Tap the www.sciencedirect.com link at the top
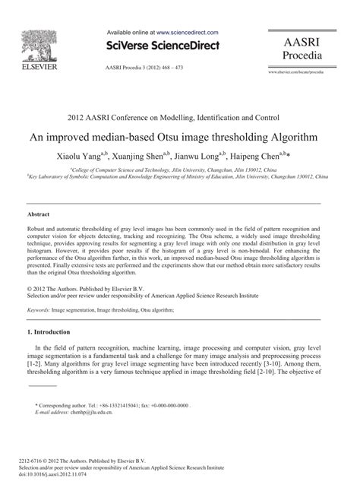[x=188, y=33]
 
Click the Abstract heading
[x=39, y=215]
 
